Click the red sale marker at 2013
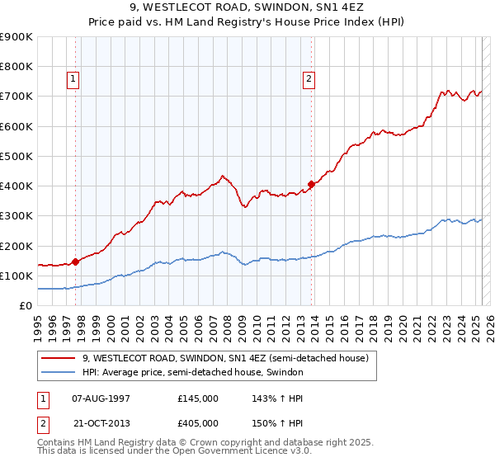pyautogui.click(x=311, y=184)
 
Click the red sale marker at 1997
pyautogui.click(x=75, y=262)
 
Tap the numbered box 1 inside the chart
pyautogui.click(x=73, y=79)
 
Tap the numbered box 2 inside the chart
pyautogui.click(x=309, y=79)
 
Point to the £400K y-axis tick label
pyautogui.click(x=16, y=186)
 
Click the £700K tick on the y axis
pyautogui.click(x=16, y=97)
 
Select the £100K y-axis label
pyautogui.click(x=16, y=276)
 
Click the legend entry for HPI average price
pyautogui.click(x=192, y=373)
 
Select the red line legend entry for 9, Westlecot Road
pyautogui.click(x=229, y=358)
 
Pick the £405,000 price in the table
pyautogui.click(x=198, y=422)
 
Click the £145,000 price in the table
pyautogui.click(x=198, y=398)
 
